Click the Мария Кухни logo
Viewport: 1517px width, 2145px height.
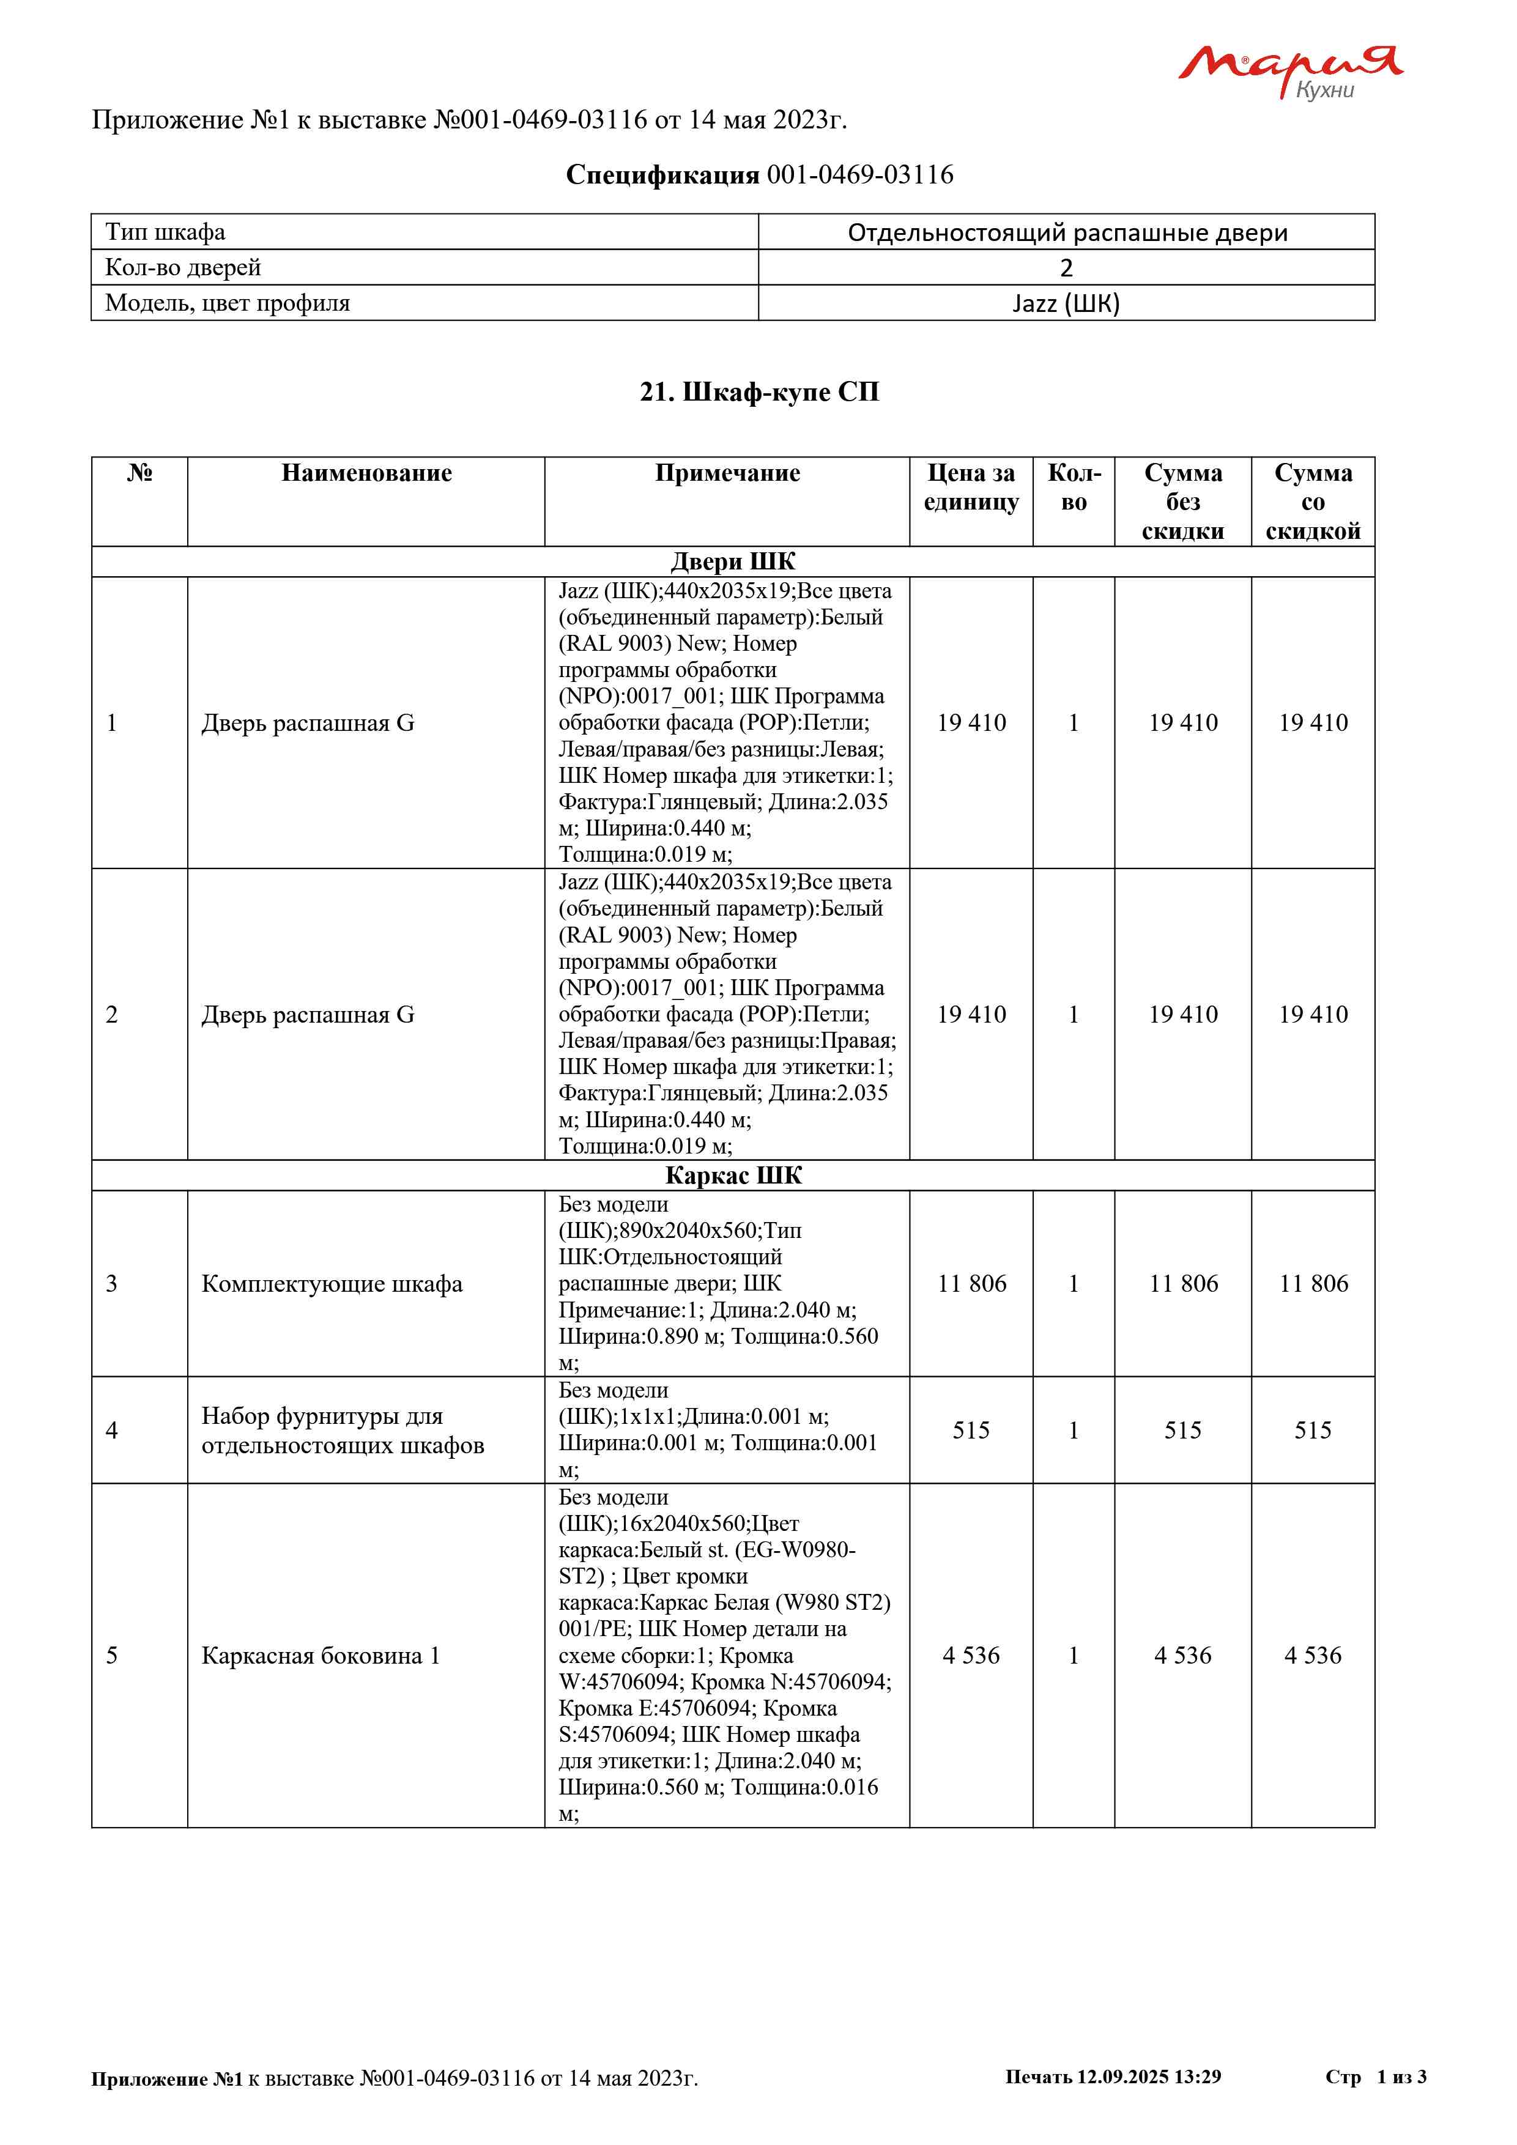[x=1290, y=71]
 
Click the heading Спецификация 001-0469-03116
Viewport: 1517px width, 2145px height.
[x=760, y=175]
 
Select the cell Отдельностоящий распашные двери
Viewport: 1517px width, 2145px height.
[x=1067, y=232]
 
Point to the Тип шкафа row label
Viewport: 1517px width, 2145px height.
[x=165, y=232]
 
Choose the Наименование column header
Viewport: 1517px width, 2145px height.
[x=366, y=473]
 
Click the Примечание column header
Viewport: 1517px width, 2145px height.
[x=727, y=473]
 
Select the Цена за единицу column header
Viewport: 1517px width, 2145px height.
[x=971, y=487]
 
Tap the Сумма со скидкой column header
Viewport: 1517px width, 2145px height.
[x=1313, y=502]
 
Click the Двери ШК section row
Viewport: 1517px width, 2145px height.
[x=733, y=561]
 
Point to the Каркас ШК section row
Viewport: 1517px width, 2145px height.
[x=733, y=1176]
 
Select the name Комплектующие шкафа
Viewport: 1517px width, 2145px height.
[x=332, y=1284]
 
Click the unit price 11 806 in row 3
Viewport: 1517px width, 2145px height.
[x=971, y=1284]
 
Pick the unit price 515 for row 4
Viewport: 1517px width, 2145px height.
[x=971, y=1431]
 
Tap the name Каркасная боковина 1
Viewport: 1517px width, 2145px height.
[x=321, y=1656]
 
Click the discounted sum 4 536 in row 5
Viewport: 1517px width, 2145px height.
[x=1313, y=1656]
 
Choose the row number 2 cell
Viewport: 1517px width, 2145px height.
[x=112, y=1015]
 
